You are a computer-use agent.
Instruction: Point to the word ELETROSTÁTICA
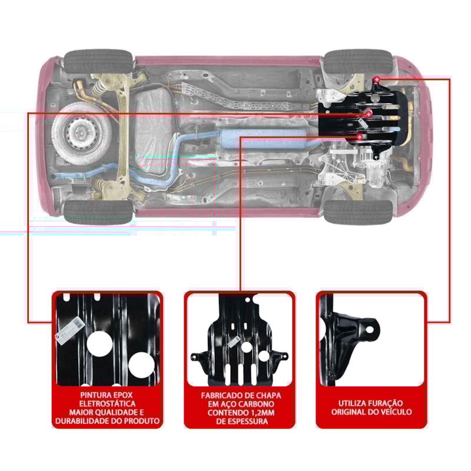point(107,404)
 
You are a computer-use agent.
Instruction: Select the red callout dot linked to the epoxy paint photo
point(367,112)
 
